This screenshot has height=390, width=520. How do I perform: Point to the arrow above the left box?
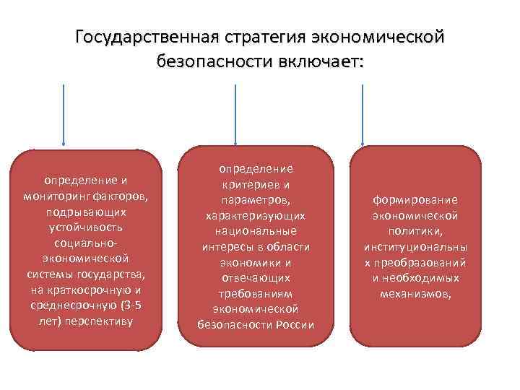tap(65, 116)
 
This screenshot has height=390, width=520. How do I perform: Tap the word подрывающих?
tap(86, 212)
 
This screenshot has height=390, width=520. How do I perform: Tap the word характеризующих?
tap(256, 215)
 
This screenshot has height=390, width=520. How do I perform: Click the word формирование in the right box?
tap(415, 199)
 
